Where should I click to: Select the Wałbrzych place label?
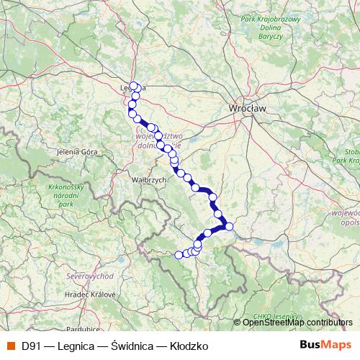130,179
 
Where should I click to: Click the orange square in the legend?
9,346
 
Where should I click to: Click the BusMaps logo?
325,346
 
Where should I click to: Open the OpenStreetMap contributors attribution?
297,323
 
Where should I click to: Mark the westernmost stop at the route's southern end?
179,254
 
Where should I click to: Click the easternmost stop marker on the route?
229,227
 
